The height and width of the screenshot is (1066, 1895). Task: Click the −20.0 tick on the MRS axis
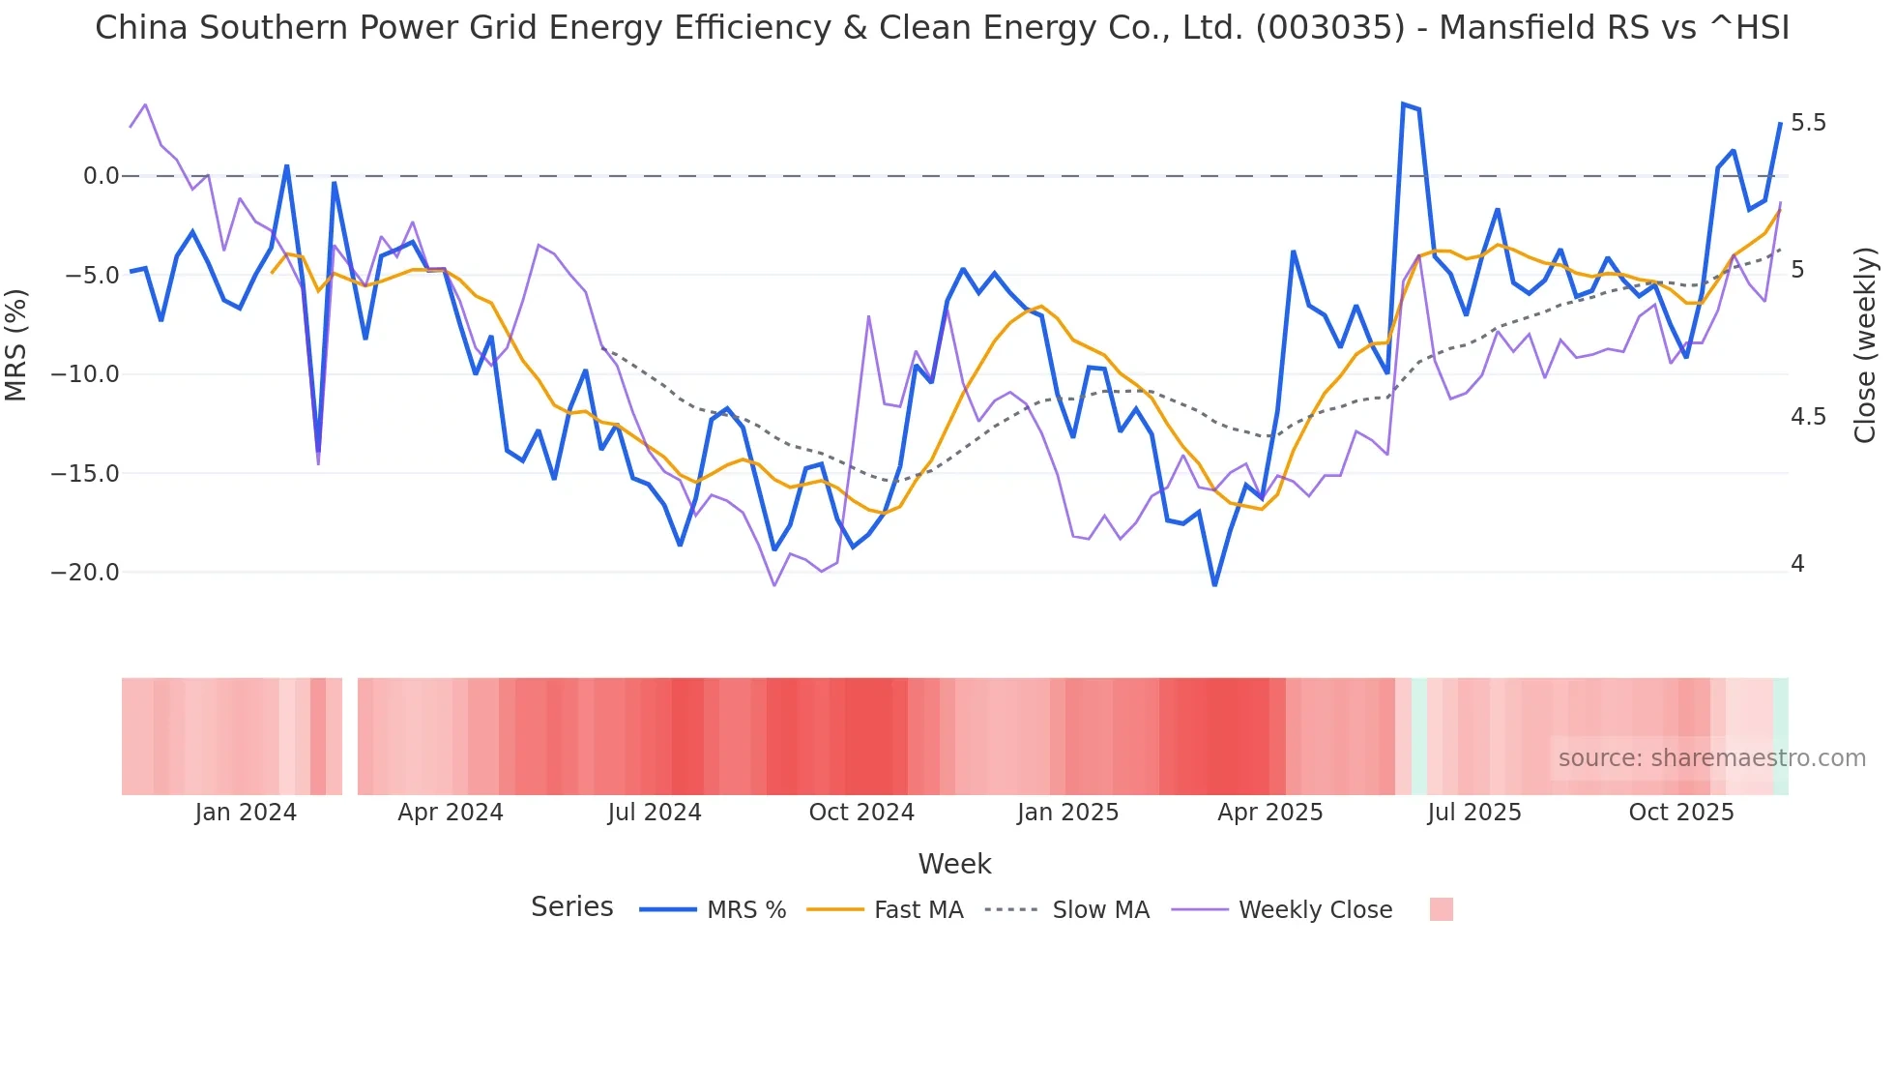tap(85, 573)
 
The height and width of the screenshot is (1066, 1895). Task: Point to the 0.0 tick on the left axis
tap(101, 176)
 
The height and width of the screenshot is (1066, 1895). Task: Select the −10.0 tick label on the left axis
tap(85, 374)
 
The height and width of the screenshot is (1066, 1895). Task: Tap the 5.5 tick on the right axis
tap(1808, 123)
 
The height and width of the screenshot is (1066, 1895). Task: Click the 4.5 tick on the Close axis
tap(1808, 417)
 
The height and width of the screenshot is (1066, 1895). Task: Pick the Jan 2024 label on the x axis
tap(246, 813)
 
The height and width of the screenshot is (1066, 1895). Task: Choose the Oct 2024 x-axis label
tap(861, 813)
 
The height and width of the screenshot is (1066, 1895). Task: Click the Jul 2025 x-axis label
tap(1474, 813)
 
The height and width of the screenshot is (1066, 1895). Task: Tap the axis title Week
tap(954, 864)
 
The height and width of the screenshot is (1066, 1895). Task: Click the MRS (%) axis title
tap(16, 345)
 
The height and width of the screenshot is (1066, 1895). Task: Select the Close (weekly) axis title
tap(1865, 345)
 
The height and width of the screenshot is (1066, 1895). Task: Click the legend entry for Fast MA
tap(918, 910)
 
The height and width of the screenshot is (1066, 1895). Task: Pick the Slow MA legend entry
tap(1100, 910)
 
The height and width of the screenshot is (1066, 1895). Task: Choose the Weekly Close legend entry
tap(1315, 910)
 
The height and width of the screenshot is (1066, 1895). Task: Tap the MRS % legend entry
tap(745, 910)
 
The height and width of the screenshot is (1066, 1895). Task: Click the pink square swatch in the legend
tap(1441, 909)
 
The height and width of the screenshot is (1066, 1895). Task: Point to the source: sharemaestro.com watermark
tap(1711, 758)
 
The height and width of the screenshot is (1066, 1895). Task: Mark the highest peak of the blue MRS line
tap(1403, 104)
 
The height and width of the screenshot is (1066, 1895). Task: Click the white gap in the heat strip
tap(350, 736)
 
